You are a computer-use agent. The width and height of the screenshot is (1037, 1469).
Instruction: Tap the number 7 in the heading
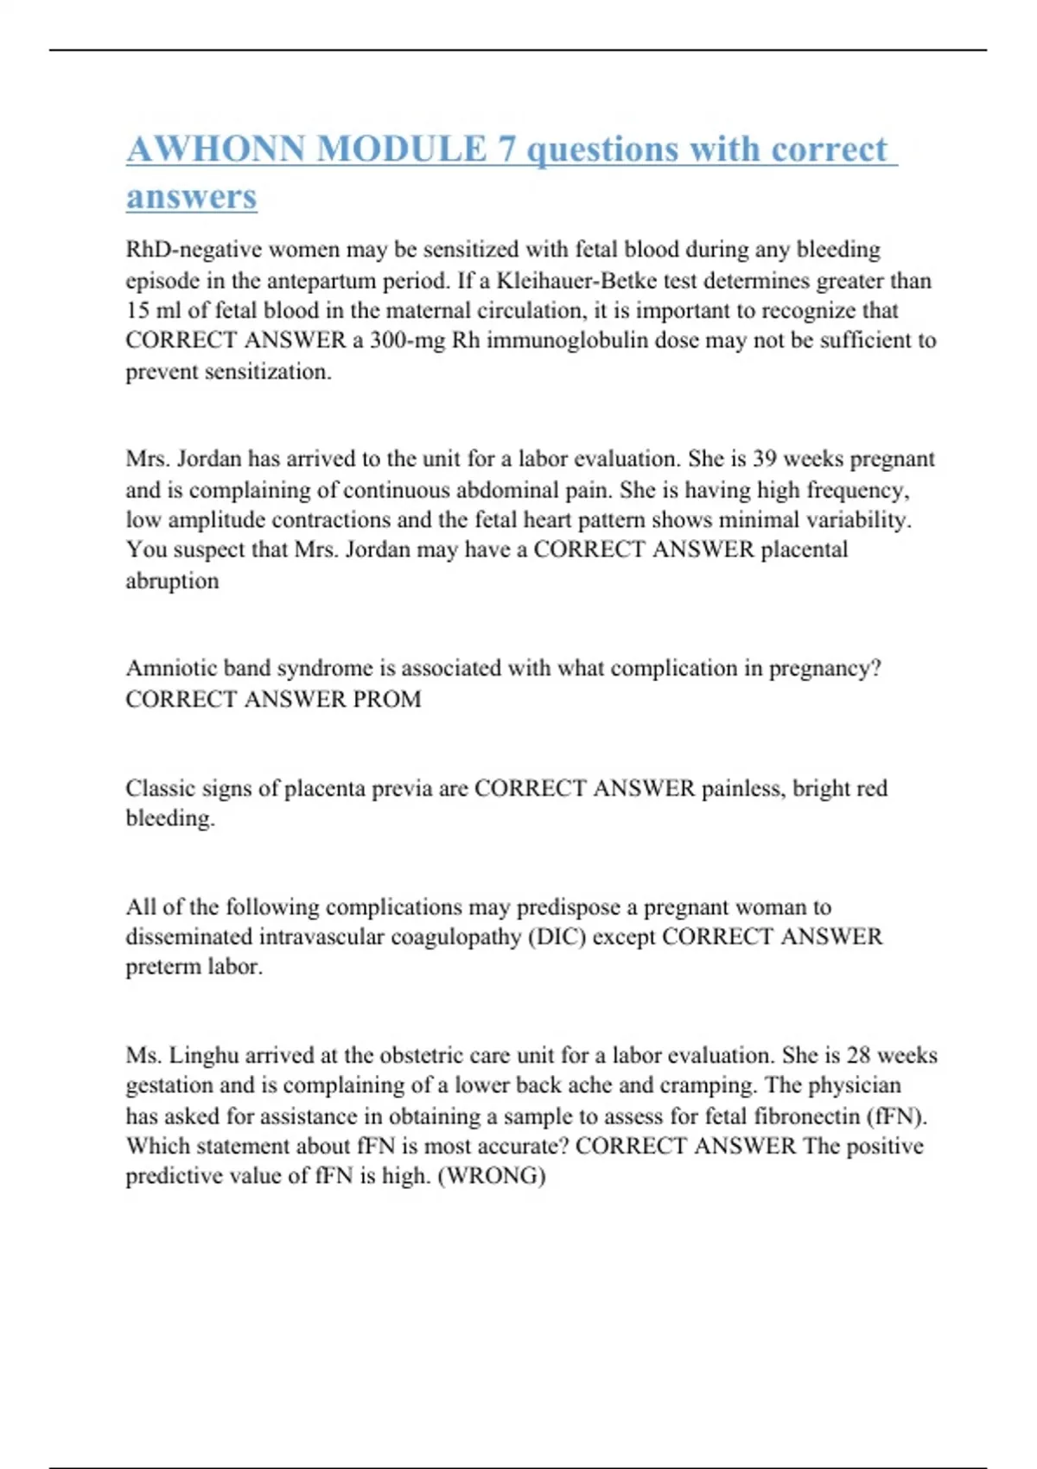click(506, 149)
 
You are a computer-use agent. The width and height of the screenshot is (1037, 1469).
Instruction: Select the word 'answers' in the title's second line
click(192, 196)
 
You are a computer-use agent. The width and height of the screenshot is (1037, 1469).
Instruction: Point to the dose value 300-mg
click(406, 340)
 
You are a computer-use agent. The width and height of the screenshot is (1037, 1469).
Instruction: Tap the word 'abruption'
click(172, 581)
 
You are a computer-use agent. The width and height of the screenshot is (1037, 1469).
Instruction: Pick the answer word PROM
click(385, 698)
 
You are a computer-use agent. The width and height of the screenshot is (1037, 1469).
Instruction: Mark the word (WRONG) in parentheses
click(492, 1176)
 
